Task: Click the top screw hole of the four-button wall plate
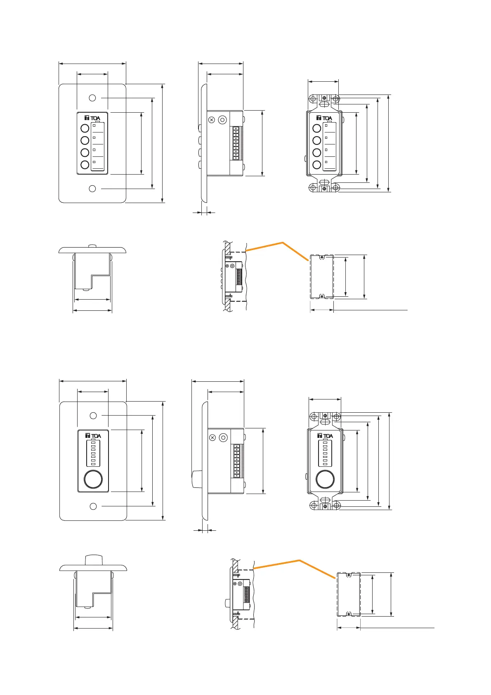(x=92, y=98)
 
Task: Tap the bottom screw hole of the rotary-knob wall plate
(x=93, y=506)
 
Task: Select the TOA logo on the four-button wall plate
(x=92, y=118)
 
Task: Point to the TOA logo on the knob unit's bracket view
(x=325, y=436)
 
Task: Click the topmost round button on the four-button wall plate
(x=85, y=128)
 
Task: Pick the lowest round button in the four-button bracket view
(x=317, y=165)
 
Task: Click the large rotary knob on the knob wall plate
(x=93, y=479)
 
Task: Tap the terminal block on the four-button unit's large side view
(x=236, y=143)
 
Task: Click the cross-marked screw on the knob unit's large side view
(x=212, y=437)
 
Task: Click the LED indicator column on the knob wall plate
(x=93, y=453)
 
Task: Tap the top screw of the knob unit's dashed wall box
(x=349, y=575)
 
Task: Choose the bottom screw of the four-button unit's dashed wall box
(x=322, y=295)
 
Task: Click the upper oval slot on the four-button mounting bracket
(x=324, y=104)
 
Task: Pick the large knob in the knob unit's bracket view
(x=325, y=479)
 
